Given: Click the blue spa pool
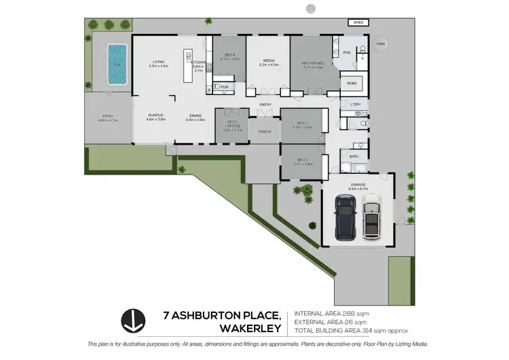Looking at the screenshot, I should point(117,64).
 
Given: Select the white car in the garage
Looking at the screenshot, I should point(372,216).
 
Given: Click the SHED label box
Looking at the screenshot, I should point(358,22).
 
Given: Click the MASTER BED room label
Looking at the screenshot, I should point(314,63).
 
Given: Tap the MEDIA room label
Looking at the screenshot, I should point(269,61).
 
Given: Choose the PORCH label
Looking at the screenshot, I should point(265,132).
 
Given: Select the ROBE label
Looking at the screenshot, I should point(352,83).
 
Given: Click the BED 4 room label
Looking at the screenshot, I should point(229,54).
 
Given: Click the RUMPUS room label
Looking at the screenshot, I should point(157,115).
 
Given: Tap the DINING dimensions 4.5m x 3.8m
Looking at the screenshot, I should point(195,120).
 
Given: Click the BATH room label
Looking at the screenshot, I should point(354,156).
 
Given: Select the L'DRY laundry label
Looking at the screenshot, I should point(355,104).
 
